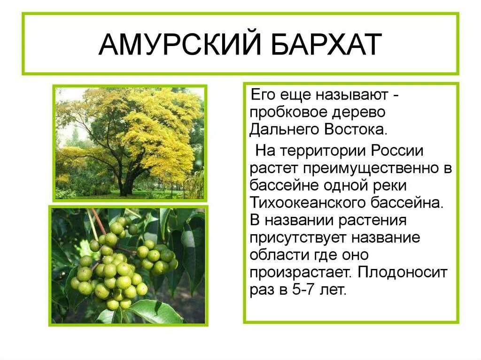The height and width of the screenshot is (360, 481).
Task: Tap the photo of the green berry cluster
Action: [128, 265]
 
